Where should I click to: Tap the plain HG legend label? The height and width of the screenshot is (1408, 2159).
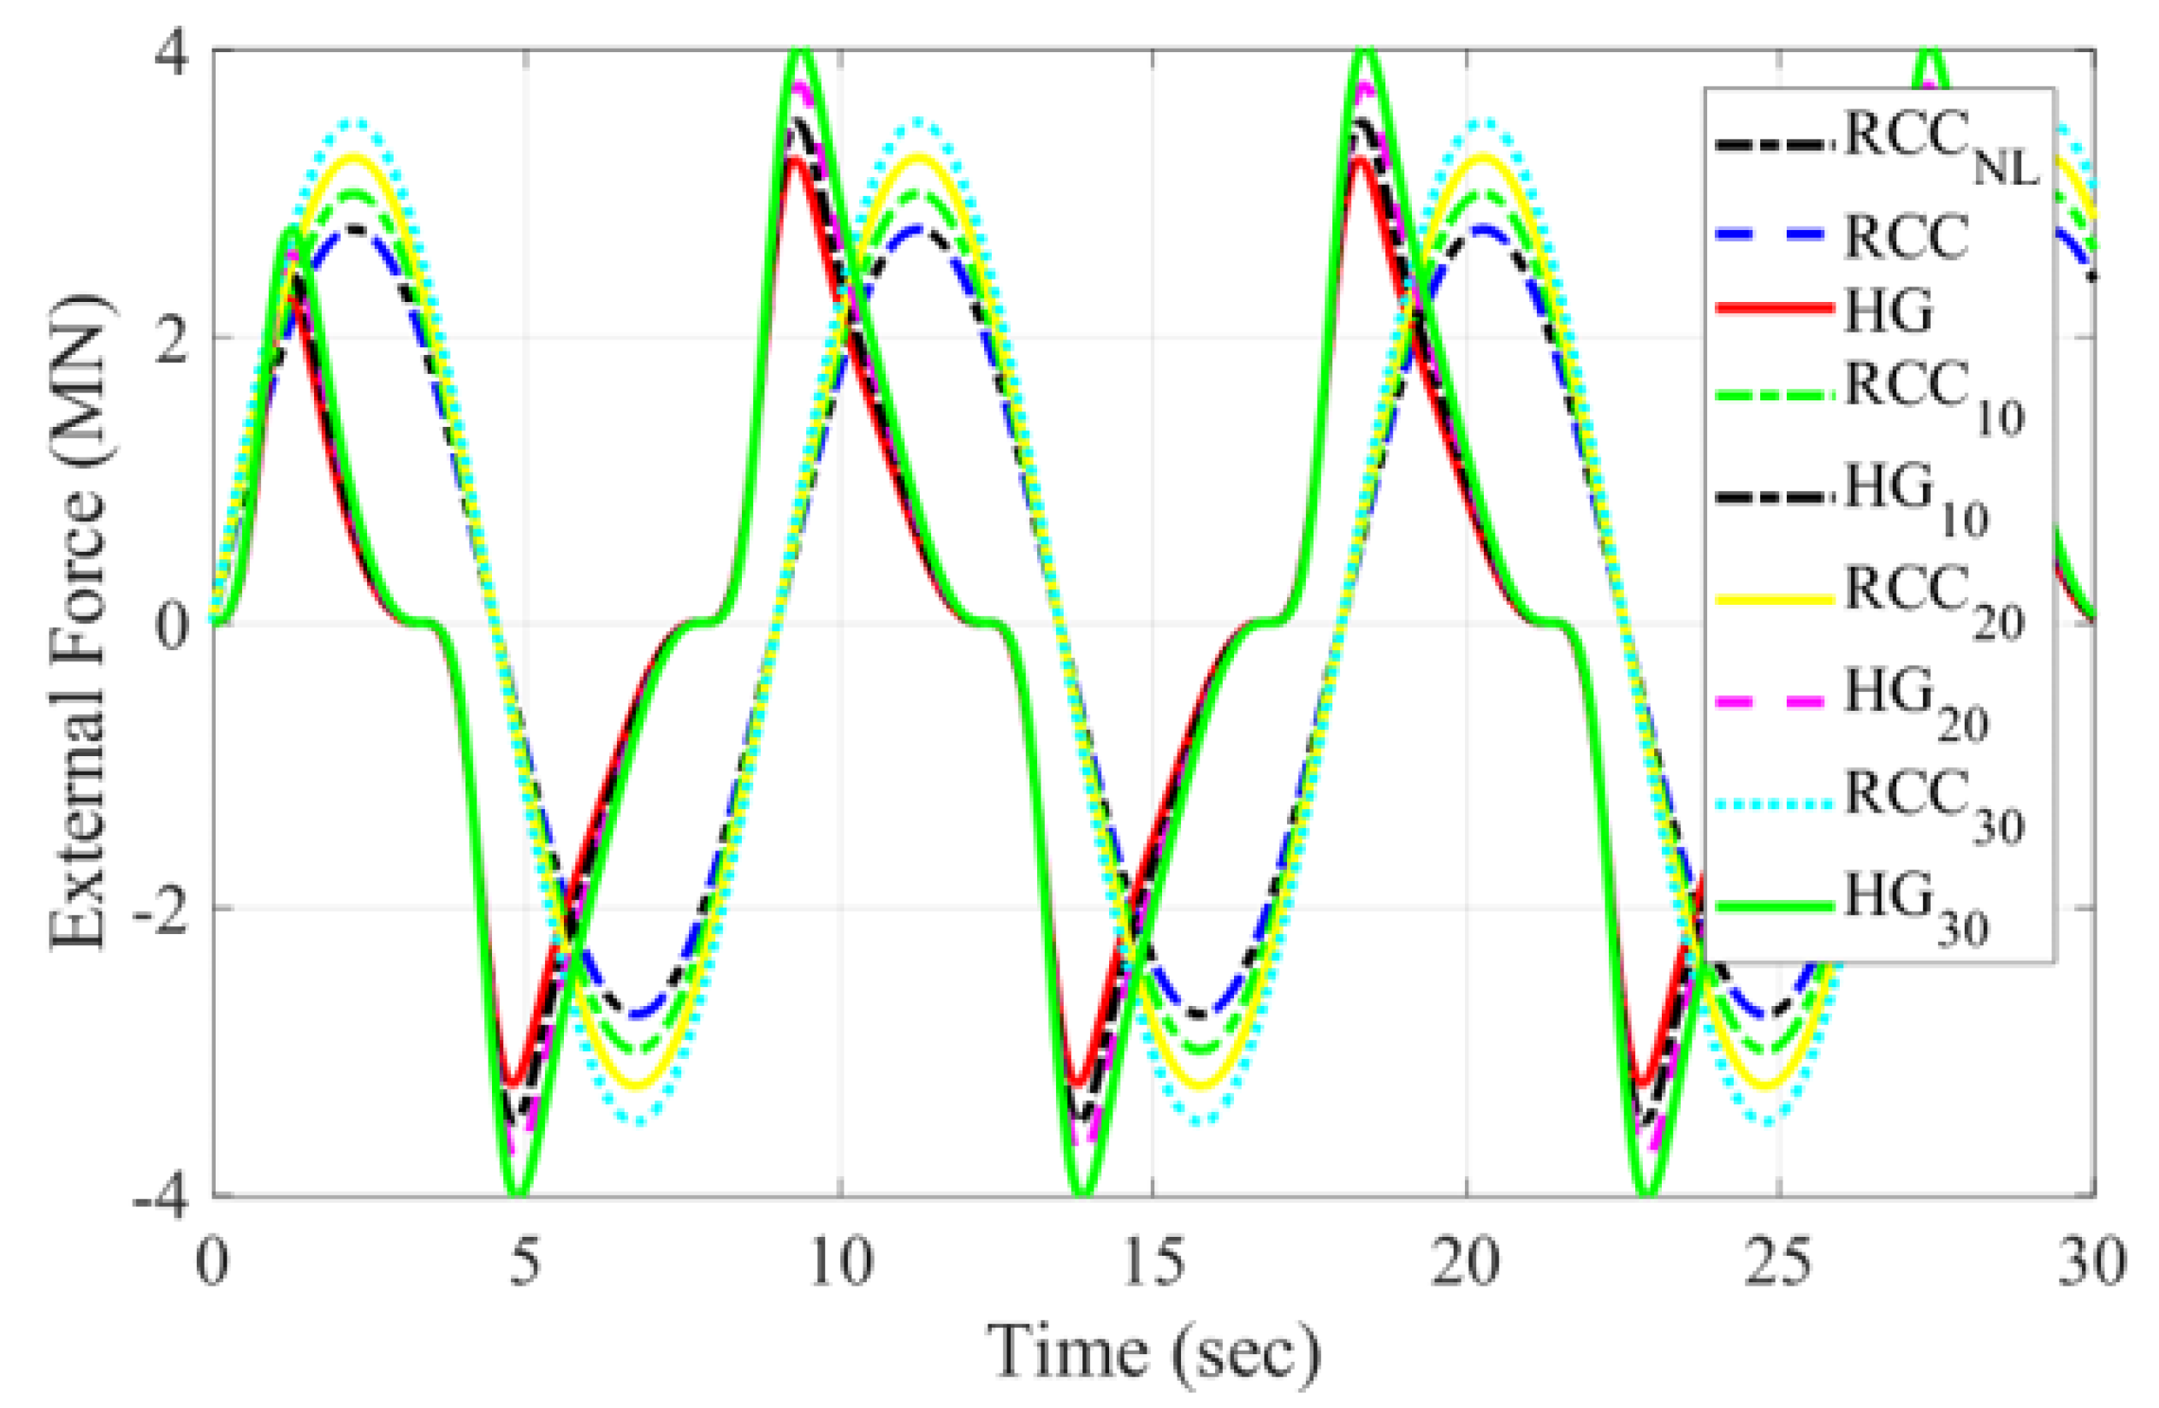1889,308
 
